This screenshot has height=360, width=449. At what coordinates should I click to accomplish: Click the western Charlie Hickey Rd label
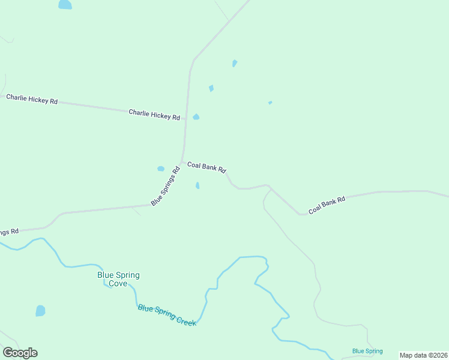point(32,99)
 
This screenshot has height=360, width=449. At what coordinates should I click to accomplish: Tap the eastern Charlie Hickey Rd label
point(154,114)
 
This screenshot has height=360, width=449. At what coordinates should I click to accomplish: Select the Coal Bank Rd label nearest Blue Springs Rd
point(206,167)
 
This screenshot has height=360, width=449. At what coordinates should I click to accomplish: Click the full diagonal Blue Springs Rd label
point(165,187)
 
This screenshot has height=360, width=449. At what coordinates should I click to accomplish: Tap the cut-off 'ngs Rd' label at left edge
point(9,231)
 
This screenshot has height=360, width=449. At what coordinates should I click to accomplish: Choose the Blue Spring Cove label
point(118,279)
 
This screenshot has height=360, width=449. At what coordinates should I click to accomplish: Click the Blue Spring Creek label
point(167,315)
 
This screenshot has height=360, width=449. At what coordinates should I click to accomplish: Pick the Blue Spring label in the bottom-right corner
point(367,351)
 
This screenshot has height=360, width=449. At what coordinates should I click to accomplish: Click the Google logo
point(20,353)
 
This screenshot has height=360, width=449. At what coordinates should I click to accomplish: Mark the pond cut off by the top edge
point(65,5)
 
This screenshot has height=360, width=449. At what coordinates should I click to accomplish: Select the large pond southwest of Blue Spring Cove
point(40,311)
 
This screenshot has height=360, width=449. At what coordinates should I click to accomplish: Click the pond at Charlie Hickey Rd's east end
point(196,116)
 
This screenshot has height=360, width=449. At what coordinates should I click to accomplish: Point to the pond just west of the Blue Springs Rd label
point(160,169)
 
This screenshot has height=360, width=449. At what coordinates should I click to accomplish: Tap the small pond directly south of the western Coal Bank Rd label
point(197,185)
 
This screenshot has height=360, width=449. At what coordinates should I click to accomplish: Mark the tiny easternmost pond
point(270,103)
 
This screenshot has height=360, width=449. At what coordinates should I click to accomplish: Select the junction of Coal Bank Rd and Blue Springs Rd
point(181,162)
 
